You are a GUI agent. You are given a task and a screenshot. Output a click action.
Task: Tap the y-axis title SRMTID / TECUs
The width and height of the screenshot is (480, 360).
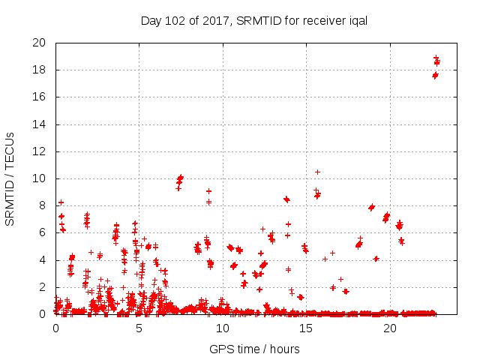[10, 178]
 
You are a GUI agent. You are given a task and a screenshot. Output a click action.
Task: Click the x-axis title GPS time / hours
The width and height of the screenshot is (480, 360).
[255, 349]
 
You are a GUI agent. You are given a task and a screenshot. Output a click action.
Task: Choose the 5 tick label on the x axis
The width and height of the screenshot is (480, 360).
[139, 328]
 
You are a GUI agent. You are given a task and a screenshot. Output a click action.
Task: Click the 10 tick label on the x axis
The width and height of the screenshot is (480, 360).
[223, 328]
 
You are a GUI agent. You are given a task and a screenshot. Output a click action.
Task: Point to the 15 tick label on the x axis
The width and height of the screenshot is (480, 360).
[307, 328]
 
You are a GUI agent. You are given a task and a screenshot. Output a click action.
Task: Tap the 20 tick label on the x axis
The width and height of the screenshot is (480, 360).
[390, 328]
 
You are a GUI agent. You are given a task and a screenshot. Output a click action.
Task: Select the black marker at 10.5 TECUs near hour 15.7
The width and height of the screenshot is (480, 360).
[317, 172]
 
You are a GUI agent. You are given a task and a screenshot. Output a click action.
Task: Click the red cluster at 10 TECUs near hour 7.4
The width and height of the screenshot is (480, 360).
[180, 179]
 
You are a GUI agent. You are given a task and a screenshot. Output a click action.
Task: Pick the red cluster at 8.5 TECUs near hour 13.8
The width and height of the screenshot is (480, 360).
[286, 199]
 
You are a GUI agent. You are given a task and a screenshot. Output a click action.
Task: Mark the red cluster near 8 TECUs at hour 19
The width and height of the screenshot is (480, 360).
[371, 207]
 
